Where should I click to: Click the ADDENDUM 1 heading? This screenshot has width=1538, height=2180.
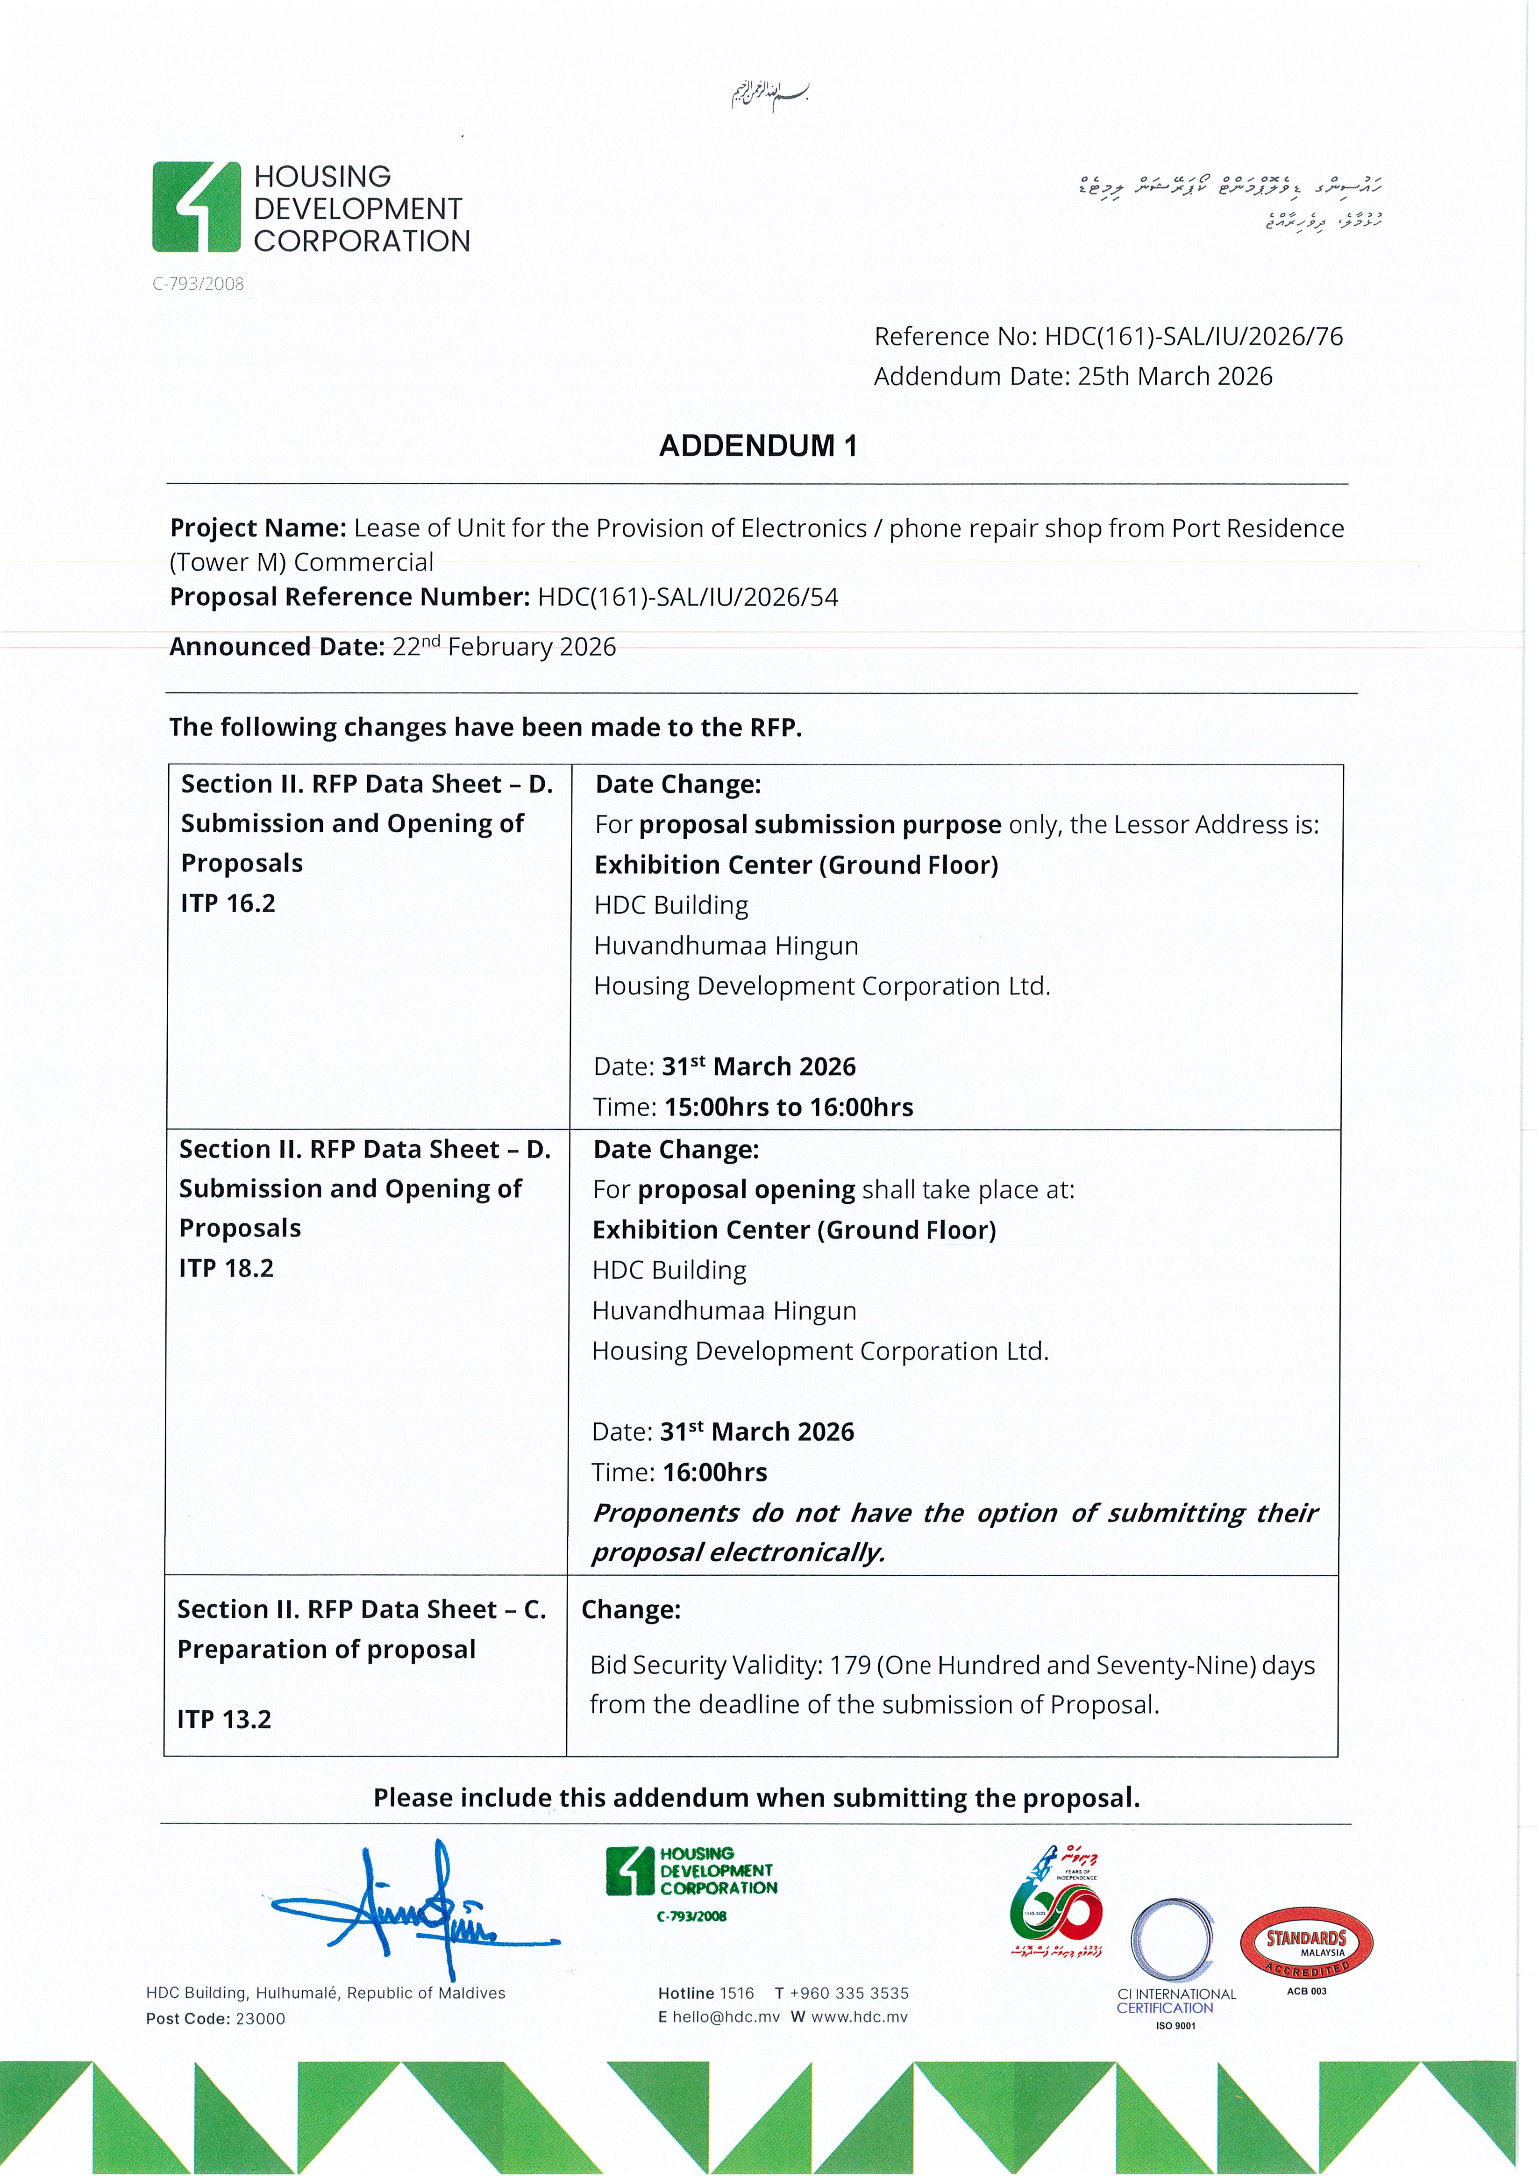(758, 446)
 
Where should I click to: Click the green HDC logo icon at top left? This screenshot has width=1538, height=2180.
(197, 207)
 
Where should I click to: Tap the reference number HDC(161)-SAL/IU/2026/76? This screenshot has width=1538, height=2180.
(1193, 337)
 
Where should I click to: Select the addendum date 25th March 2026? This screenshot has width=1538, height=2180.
(1175, 377)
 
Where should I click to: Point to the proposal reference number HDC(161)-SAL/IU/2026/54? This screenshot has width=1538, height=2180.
(687, 597)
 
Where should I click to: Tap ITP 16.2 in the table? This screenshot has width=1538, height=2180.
(228, 903)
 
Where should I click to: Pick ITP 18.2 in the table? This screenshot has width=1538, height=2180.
(226, 1268)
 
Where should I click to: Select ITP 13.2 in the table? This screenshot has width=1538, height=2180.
(224, 1720)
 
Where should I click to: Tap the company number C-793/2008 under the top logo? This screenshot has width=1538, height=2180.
(199, 284)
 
